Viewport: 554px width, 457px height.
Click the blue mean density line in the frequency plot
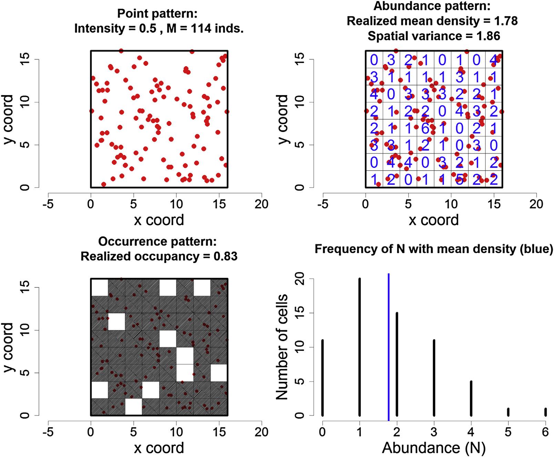389,345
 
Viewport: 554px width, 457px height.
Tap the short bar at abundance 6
545,412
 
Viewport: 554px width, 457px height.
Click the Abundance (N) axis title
433,447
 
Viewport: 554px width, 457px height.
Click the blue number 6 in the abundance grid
425,128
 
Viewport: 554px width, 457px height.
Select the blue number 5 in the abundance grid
459,180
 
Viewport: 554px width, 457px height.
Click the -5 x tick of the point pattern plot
48,204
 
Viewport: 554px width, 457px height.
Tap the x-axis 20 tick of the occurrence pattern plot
261,432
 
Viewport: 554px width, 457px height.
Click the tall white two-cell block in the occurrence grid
185,364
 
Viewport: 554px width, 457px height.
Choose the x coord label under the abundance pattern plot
433,220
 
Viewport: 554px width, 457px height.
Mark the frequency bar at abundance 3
434,378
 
